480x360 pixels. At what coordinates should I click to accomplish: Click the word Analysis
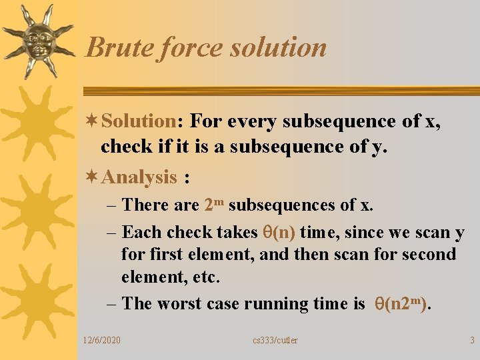(x=139, y=177)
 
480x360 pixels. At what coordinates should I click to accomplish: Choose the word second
(x=425, y=255)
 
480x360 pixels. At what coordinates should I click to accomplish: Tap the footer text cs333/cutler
(x=275, y=341)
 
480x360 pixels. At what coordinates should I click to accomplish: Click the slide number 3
(x=472, y=341)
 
